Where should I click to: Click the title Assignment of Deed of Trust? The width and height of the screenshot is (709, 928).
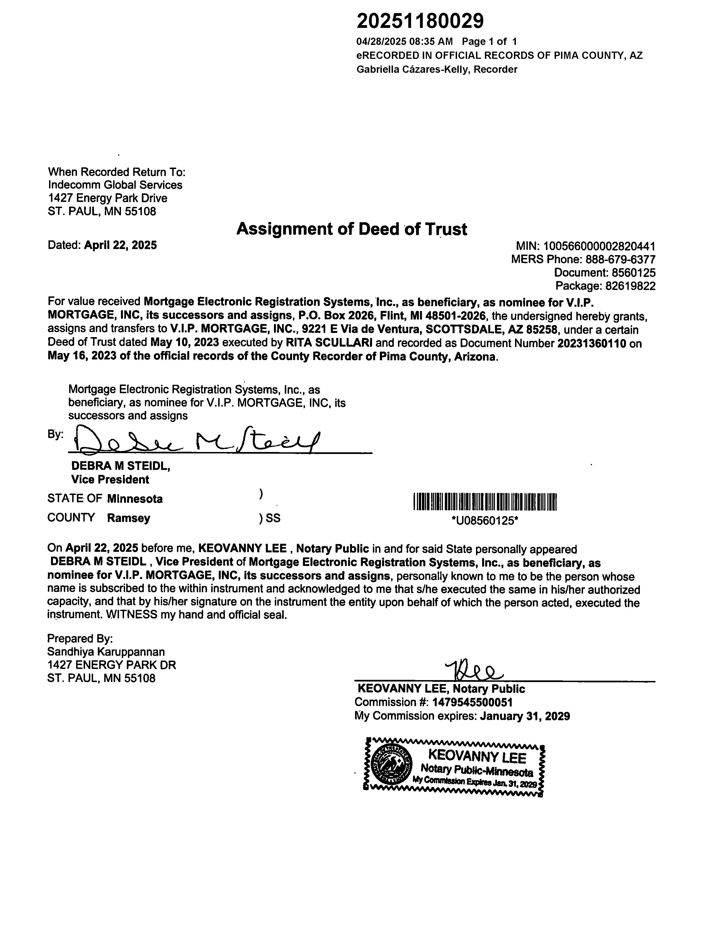(351, 229)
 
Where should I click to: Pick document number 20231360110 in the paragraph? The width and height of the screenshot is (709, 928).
(592, 343)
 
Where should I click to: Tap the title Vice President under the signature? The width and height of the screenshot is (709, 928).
(110, 480)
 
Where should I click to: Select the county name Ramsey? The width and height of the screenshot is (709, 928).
(129, 518)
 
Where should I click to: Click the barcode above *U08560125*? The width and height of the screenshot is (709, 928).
(485, 502)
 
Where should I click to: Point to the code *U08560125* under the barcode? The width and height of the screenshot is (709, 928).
(484, 521)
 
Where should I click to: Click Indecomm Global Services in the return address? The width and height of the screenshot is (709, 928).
(115, 185)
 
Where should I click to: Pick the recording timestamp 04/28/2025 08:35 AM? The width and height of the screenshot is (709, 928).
(404, 41)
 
